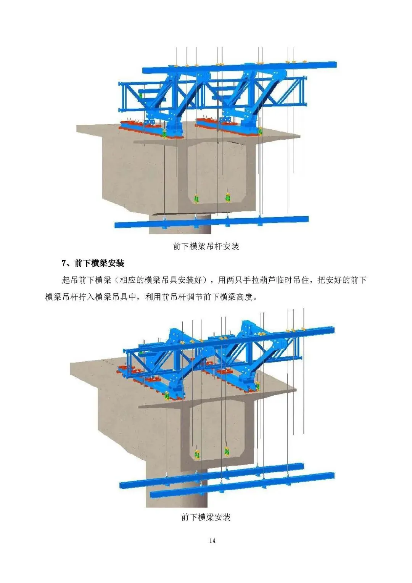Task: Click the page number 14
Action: [212, 541]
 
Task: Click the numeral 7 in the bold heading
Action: [64, 263]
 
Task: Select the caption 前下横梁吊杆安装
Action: [206, 246]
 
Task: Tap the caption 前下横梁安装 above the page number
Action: [206, 517]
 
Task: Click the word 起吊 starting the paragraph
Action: [70, 280]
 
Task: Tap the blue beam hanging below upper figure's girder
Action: [212, 222]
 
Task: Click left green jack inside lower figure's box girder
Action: [198, 454]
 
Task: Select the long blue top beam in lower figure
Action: [244, 339]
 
